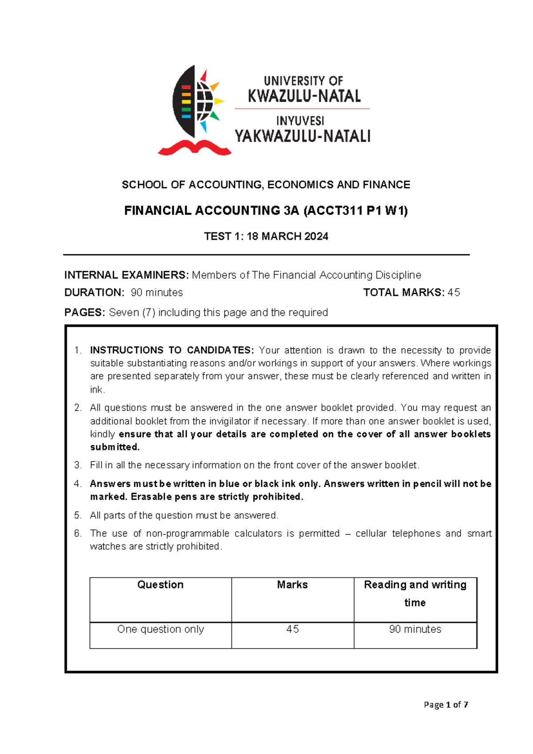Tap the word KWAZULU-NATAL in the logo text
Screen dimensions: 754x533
[304, 96]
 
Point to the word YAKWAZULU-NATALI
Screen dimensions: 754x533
[302, 136]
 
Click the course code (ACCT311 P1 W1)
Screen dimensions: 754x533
[355, 211]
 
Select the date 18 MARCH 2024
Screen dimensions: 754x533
[287, 237]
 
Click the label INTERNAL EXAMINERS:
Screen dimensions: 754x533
[127, 275]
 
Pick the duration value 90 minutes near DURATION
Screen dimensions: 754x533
[157, 293]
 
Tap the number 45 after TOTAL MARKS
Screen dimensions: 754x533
[454, 293]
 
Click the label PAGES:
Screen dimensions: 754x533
[85, 313]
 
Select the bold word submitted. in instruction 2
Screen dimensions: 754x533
[115, 447]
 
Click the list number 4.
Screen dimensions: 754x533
[78, 484]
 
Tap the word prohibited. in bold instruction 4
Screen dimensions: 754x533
[278, 497]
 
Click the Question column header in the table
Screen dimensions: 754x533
[160, 585]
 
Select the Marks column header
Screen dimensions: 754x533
[292, 585]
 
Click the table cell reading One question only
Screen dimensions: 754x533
[160, 630]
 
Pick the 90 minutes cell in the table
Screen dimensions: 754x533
[415, 630]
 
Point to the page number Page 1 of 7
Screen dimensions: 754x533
[446, 705]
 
